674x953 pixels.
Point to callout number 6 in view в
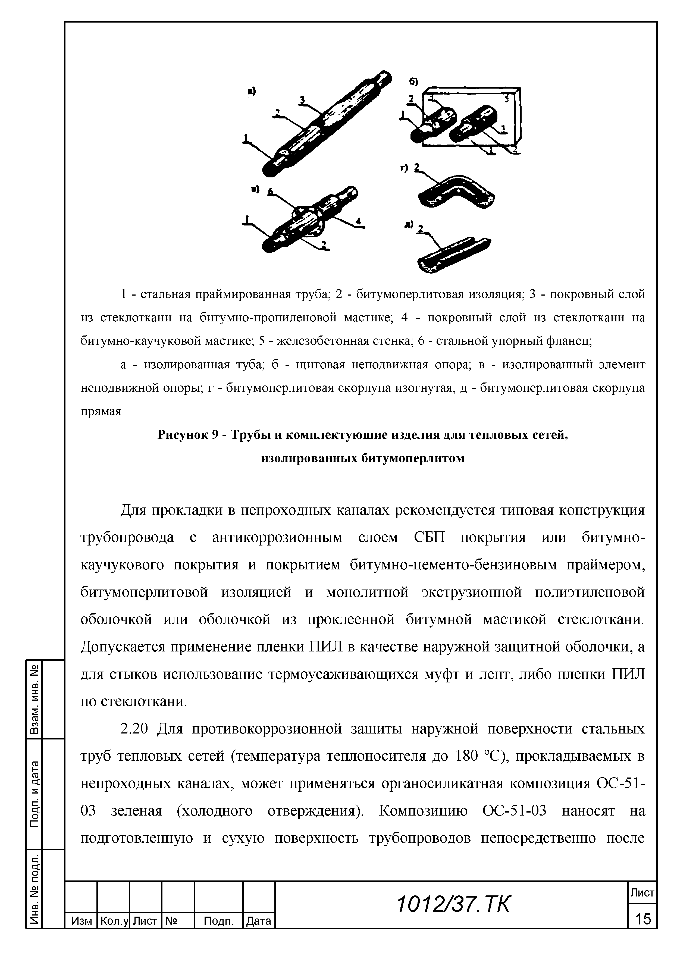pyautogui.click(x=271, y=192)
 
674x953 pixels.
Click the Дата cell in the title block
pyautogui.click(x=259, y=921)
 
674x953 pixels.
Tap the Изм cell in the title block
pyautogui.click(x=81, y=921)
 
